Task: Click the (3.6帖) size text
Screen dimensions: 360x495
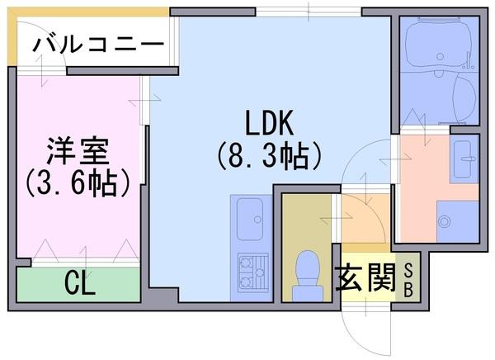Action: pyautogui.click(x=78, y=182)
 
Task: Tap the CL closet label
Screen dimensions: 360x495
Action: pyautogui.click(x=80, y=285)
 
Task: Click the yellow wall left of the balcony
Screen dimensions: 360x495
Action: pyautogui.click(x=11, y=37)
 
